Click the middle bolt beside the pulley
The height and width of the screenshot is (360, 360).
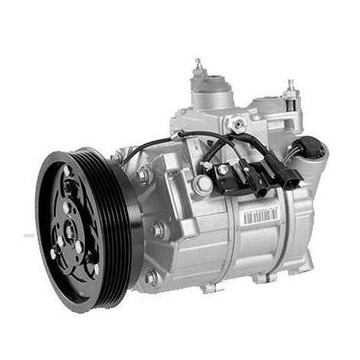coord(157,229)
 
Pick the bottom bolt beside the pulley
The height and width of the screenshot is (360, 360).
coord(151,276)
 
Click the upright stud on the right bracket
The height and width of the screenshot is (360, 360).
coord(290,87)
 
